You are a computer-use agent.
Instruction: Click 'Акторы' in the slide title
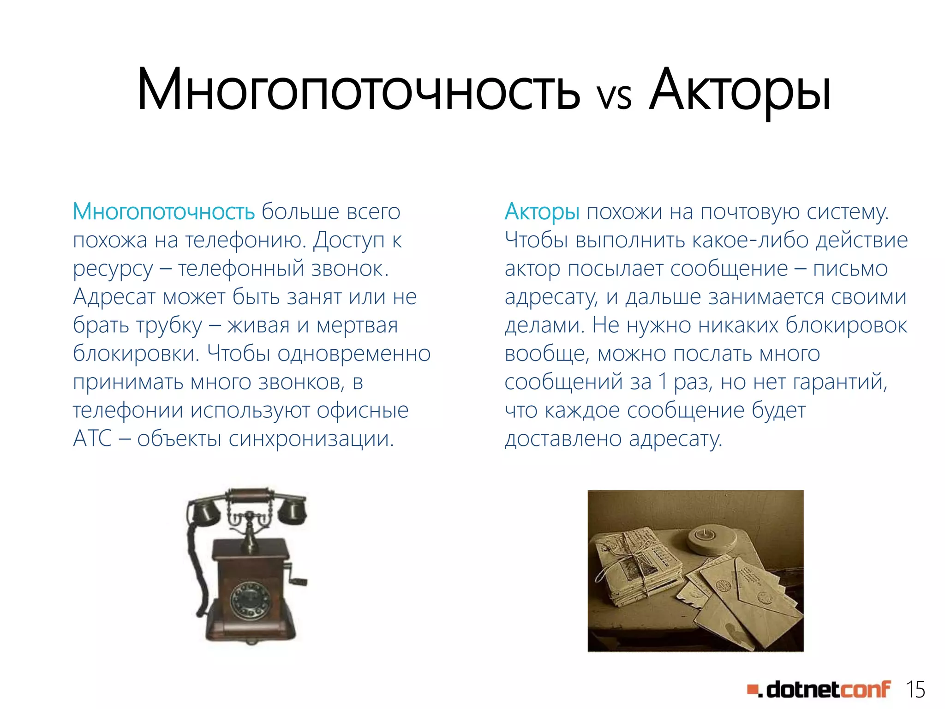[739, 90]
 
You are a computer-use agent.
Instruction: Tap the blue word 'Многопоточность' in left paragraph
[164, 212]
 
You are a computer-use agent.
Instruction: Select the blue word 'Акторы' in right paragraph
[542, 212]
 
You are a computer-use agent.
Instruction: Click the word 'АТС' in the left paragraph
[92, 439]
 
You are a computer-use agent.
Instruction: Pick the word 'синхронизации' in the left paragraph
[311, 439]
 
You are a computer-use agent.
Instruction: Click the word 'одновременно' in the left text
[354, 354]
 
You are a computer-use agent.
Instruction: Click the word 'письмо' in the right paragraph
[850, 269]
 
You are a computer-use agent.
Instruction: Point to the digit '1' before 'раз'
[663, 382]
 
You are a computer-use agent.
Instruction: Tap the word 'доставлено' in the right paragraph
[563, 439]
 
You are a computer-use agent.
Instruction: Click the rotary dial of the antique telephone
[250, 600]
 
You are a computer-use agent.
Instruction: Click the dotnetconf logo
[819, 690]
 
